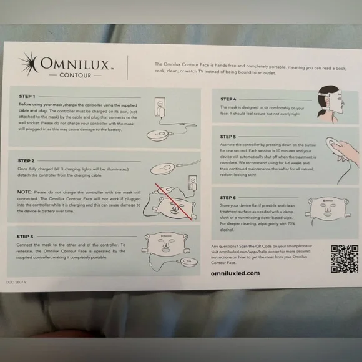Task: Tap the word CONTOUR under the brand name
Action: (76, 75)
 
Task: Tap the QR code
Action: (343, 258)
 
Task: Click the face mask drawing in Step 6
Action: (330, 209)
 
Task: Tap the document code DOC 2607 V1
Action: (24, 281)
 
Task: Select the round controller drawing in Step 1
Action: (165, 134)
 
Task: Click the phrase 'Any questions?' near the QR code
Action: (225, 247)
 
